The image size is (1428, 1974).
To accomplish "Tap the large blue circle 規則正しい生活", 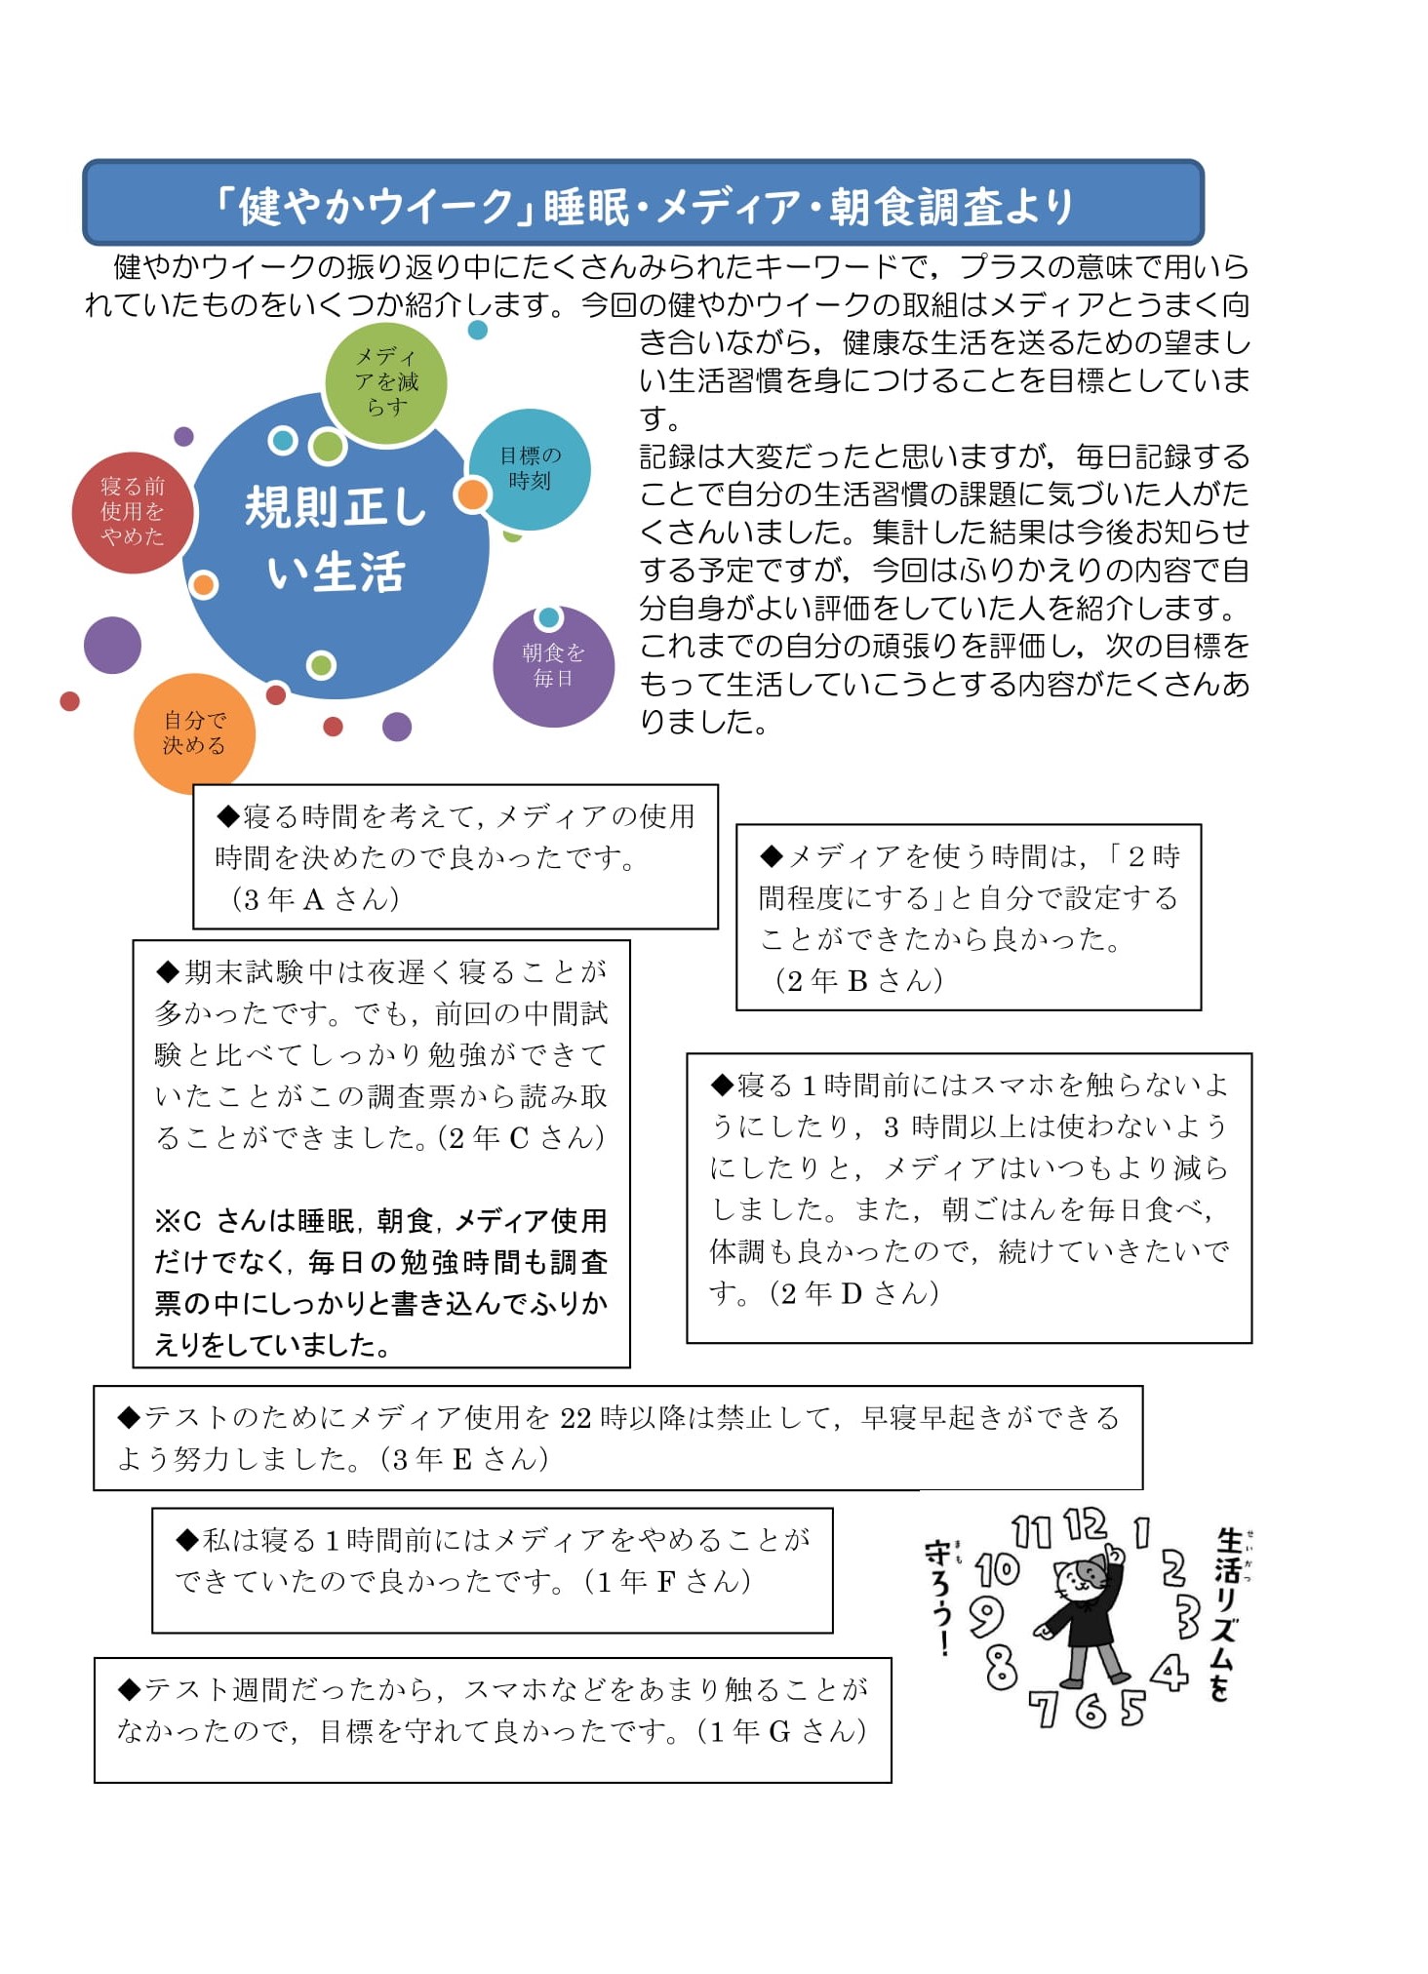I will [336, 542].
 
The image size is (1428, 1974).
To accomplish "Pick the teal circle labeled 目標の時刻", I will [532, 468].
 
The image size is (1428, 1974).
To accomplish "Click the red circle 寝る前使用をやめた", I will [133, 512].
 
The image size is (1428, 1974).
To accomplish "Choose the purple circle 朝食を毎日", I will [553, 666].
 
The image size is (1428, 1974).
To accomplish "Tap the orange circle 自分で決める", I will [194, 732].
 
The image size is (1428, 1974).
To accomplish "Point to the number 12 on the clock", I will [1084, 1524].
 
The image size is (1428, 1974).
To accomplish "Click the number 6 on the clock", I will [1090, 1710].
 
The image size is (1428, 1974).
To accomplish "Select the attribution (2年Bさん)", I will [858, 980].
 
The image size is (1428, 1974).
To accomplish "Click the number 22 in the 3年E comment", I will [575, 1417].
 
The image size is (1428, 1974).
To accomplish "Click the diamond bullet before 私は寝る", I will [187, 1540].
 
